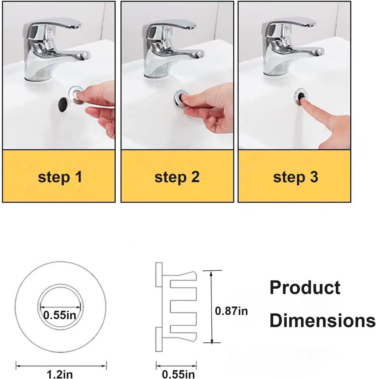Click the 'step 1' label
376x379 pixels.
click(59, 177)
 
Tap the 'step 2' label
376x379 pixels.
click(177, 177)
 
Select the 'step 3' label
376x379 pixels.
click(295, 177)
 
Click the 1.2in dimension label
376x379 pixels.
click(57, 374)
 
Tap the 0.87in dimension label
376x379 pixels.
click(231, 311)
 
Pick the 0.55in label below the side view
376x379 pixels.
click(178, 374)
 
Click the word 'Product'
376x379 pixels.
click(305, 288)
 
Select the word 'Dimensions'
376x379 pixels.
click(322, 321)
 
